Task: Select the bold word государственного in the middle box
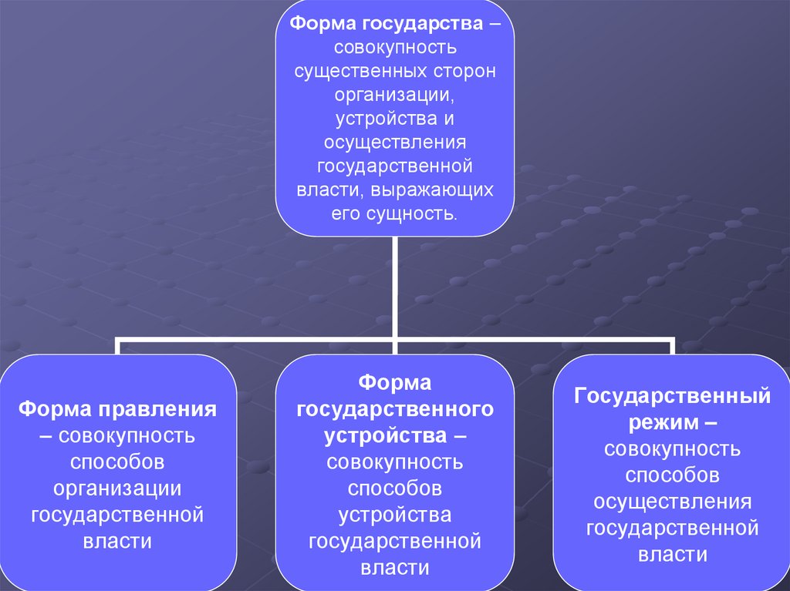click(395, 409)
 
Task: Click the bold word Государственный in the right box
click(672, 396)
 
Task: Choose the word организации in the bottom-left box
click(117, 489)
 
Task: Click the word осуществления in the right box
click(673, 502)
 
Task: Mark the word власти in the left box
click(117, 541)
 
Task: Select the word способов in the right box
click(673, 475)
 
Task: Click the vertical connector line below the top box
click(395, 285)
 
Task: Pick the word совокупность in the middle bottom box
click(395, 462)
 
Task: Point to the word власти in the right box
click(673, 555)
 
